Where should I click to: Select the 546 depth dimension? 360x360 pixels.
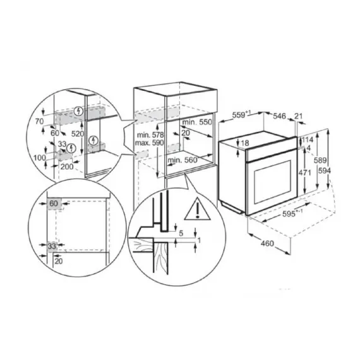[280, 116]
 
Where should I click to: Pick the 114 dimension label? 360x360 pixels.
[308, 139]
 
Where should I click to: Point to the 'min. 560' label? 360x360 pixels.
[183, 160]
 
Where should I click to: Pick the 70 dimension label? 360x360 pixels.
[39, 119]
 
